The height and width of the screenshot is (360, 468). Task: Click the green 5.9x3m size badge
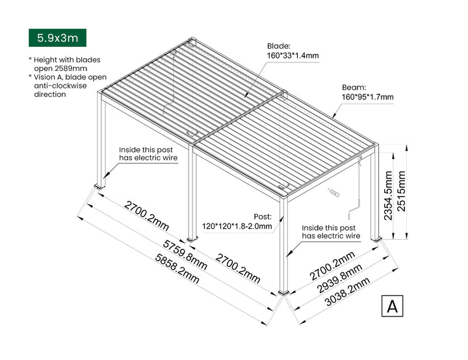click(x=57, y=38)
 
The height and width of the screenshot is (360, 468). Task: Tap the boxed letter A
click(x=392, y=306)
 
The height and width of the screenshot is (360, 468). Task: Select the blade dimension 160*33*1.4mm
click(x=292, y=56)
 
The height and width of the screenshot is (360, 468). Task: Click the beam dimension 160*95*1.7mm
click(x=368, y=97)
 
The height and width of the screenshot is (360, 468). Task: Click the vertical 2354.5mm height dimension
click(x=388, y=194)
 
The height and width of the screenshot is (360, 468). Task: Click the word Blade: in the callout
click(x=279, y=46)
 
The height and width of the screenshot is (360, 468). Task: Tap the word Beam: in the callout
click(x=354, y=87)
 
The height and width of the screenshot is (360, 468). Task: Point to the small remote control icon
click(x=333, y=193)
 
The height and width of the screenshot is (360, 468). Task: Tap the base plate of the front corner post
click(x=283, y=294)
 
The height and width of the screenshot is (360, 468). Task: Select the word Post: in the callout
click(x=263, y=217)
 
